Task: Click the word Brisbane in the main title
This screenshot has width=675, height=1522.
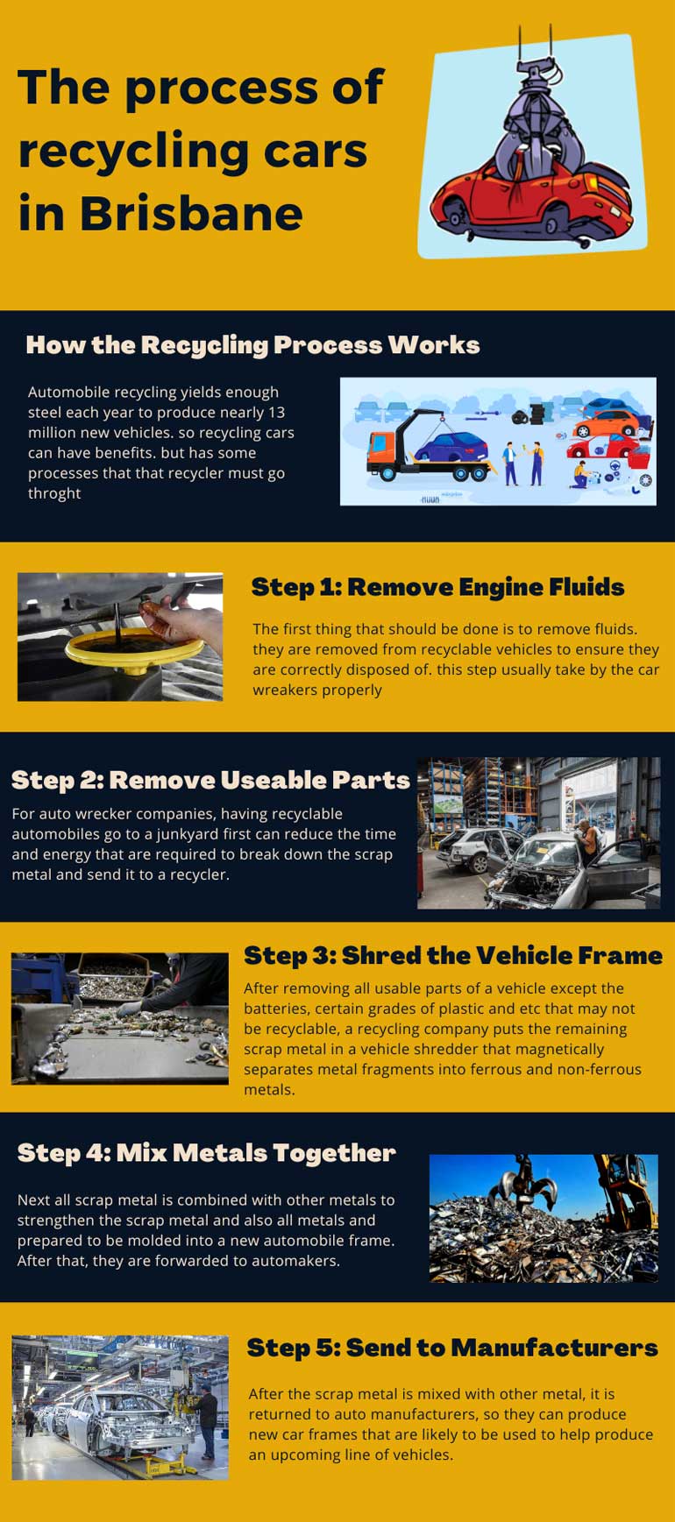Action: pyautogui.click(x=191, y=214)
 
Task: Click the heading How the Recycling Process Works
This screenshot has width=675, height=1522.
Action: pyautogui.click(x=252, y=344)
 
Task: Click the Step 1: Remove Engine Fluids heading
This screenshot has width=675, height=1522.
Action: pyautogui.click(x=437, y=586)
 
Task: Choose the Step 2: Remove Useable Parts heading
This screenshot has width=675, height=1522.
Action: pyautogui.click(x=210, y=779)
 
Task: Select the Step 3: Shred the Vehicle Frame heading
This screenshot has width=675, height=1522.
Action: pyautogui.click(x=452, y=954)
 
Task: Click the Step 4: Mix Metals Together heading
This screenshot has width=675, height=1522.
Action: pyautogui.click(x=206, y=1152)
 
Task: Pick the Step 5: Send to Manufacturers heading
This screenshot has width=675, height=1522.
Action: pyautogui.click(x=451, y=1347)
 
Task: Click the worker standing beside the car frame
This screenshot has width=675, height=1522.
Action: pyautogui.click(x=207, y=1419)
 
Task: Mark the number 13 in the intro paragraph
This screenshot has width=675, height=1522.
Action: pyautogui.click(x=275, y=413)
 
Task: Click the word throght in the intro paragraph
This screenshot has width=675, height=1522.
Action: pyautogui.click(x=54, y=493)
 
